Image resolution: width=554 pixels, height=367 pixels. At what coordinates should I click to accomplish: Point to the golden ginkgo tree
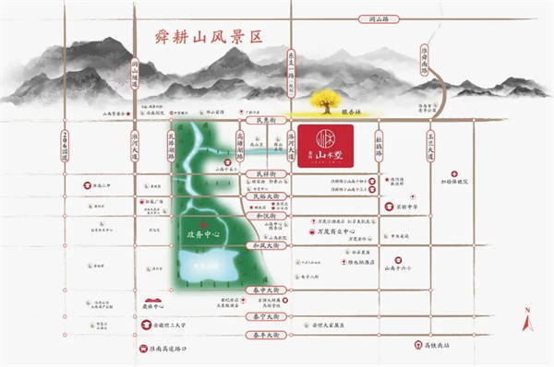(x=327, y=99)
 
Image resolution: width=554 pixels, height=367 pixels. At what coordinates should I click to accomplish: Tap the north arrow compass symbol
(x=526, y=319)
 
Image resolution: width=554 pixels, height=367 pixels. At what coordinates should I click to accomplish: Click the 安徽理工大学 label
(x=175, y=325)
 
